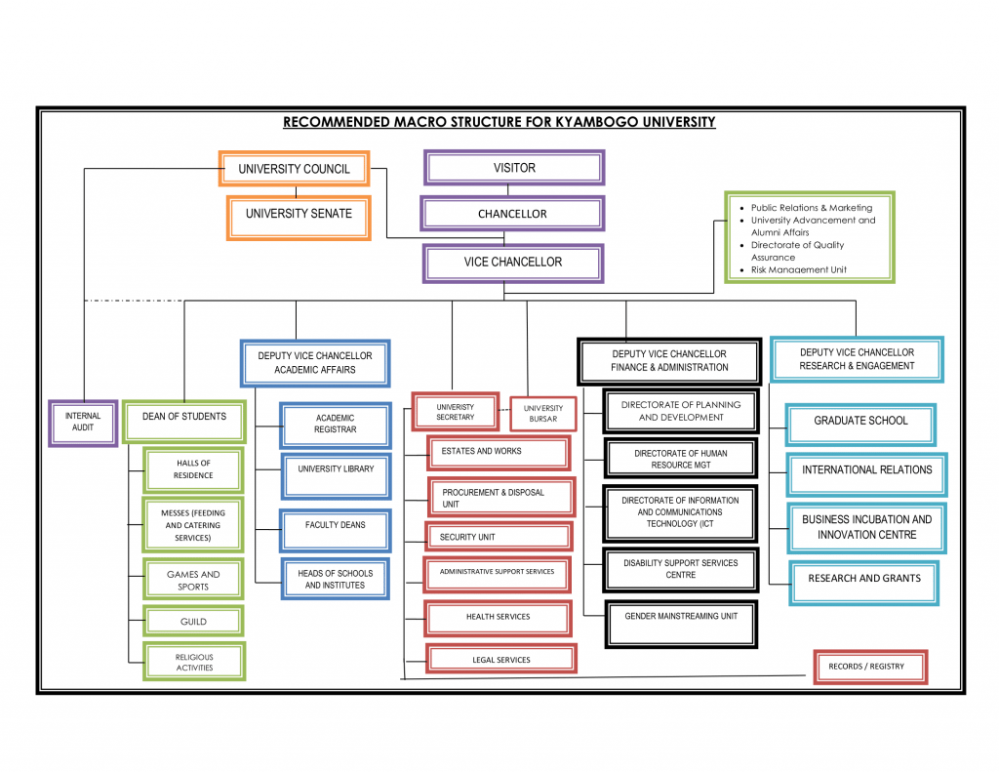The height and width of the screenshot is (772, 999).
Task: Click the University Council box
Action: (294, 169)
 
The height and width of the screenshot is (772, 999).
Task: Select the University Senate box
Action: (299, 214)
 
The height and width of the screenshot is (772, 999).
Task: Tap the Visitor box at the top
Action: (513, 168)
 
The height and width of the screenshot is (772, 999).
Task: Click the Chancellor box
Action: (512, 214)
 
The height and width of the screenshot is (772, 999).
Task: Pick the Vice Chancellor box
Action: (512, 262)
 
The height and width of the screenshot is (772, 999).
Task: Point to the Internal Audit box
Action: (83, 422)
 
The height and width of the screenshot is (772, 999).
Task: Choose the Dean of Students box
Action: (183, 417)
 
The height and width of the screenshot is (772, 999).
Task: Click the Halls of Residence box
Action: (193, 469)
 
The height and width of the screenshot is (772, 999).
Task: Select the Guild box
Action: (193, 622)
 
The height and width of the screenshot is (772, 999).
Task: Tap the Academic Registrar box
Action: (335, 424)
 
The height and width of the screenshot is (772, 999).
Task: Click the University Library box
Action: (336, 469)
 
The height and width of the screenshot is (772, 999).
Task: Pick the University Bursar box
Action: (542, 414)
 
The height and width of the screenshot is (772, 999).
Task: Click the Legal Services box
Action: (500, 660)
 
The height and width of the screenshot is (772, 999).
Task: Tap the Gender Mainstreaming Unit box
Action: (681, 617)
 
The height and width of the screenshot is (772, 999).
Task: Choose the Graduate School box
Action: (860, 422)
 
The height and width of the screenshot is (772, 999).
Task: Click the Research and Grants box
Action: (863, 579)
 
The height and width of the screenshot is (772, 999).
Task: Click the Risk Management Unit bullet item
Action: (798, 270)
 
